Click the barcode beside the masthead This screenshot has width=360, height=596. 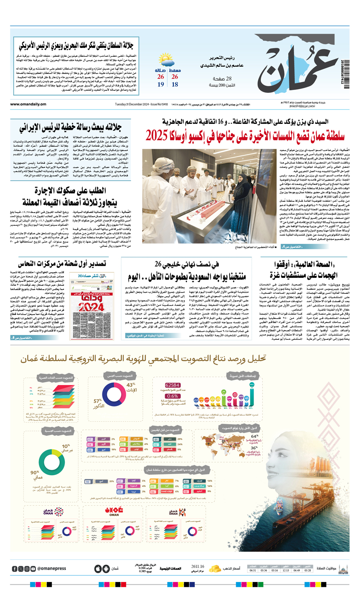(345, 74)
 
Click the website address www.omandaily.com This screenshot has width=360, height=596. (28, 104)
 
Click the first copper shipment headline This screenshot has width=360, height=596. (62, 264)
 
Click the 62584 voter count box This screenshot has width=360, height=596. (172, 385)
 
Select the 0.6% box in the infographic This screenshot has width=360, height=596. (172, 396)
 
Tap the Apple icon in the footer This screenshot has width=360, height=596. (98, 569)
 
